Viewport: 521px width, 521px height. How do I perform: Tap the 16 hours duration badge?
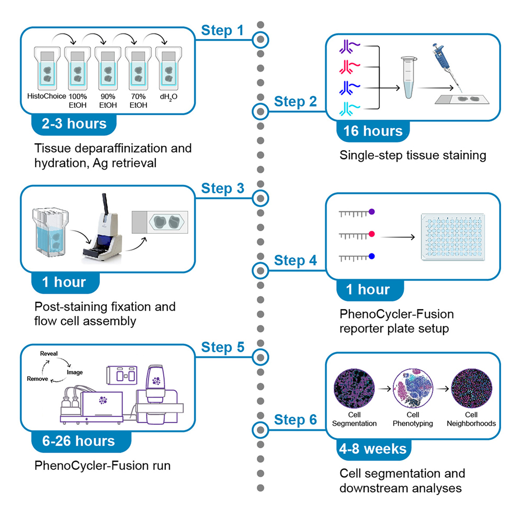[x=373, y=131]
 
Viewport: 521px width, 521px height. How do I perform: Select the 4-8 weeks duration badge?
[x=372, y=448]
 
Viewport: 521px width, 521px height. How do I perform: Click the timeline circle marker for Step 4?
[x=260, y=270]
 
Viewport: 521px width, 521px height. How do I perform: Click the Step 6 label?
[x=296, y=420]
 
